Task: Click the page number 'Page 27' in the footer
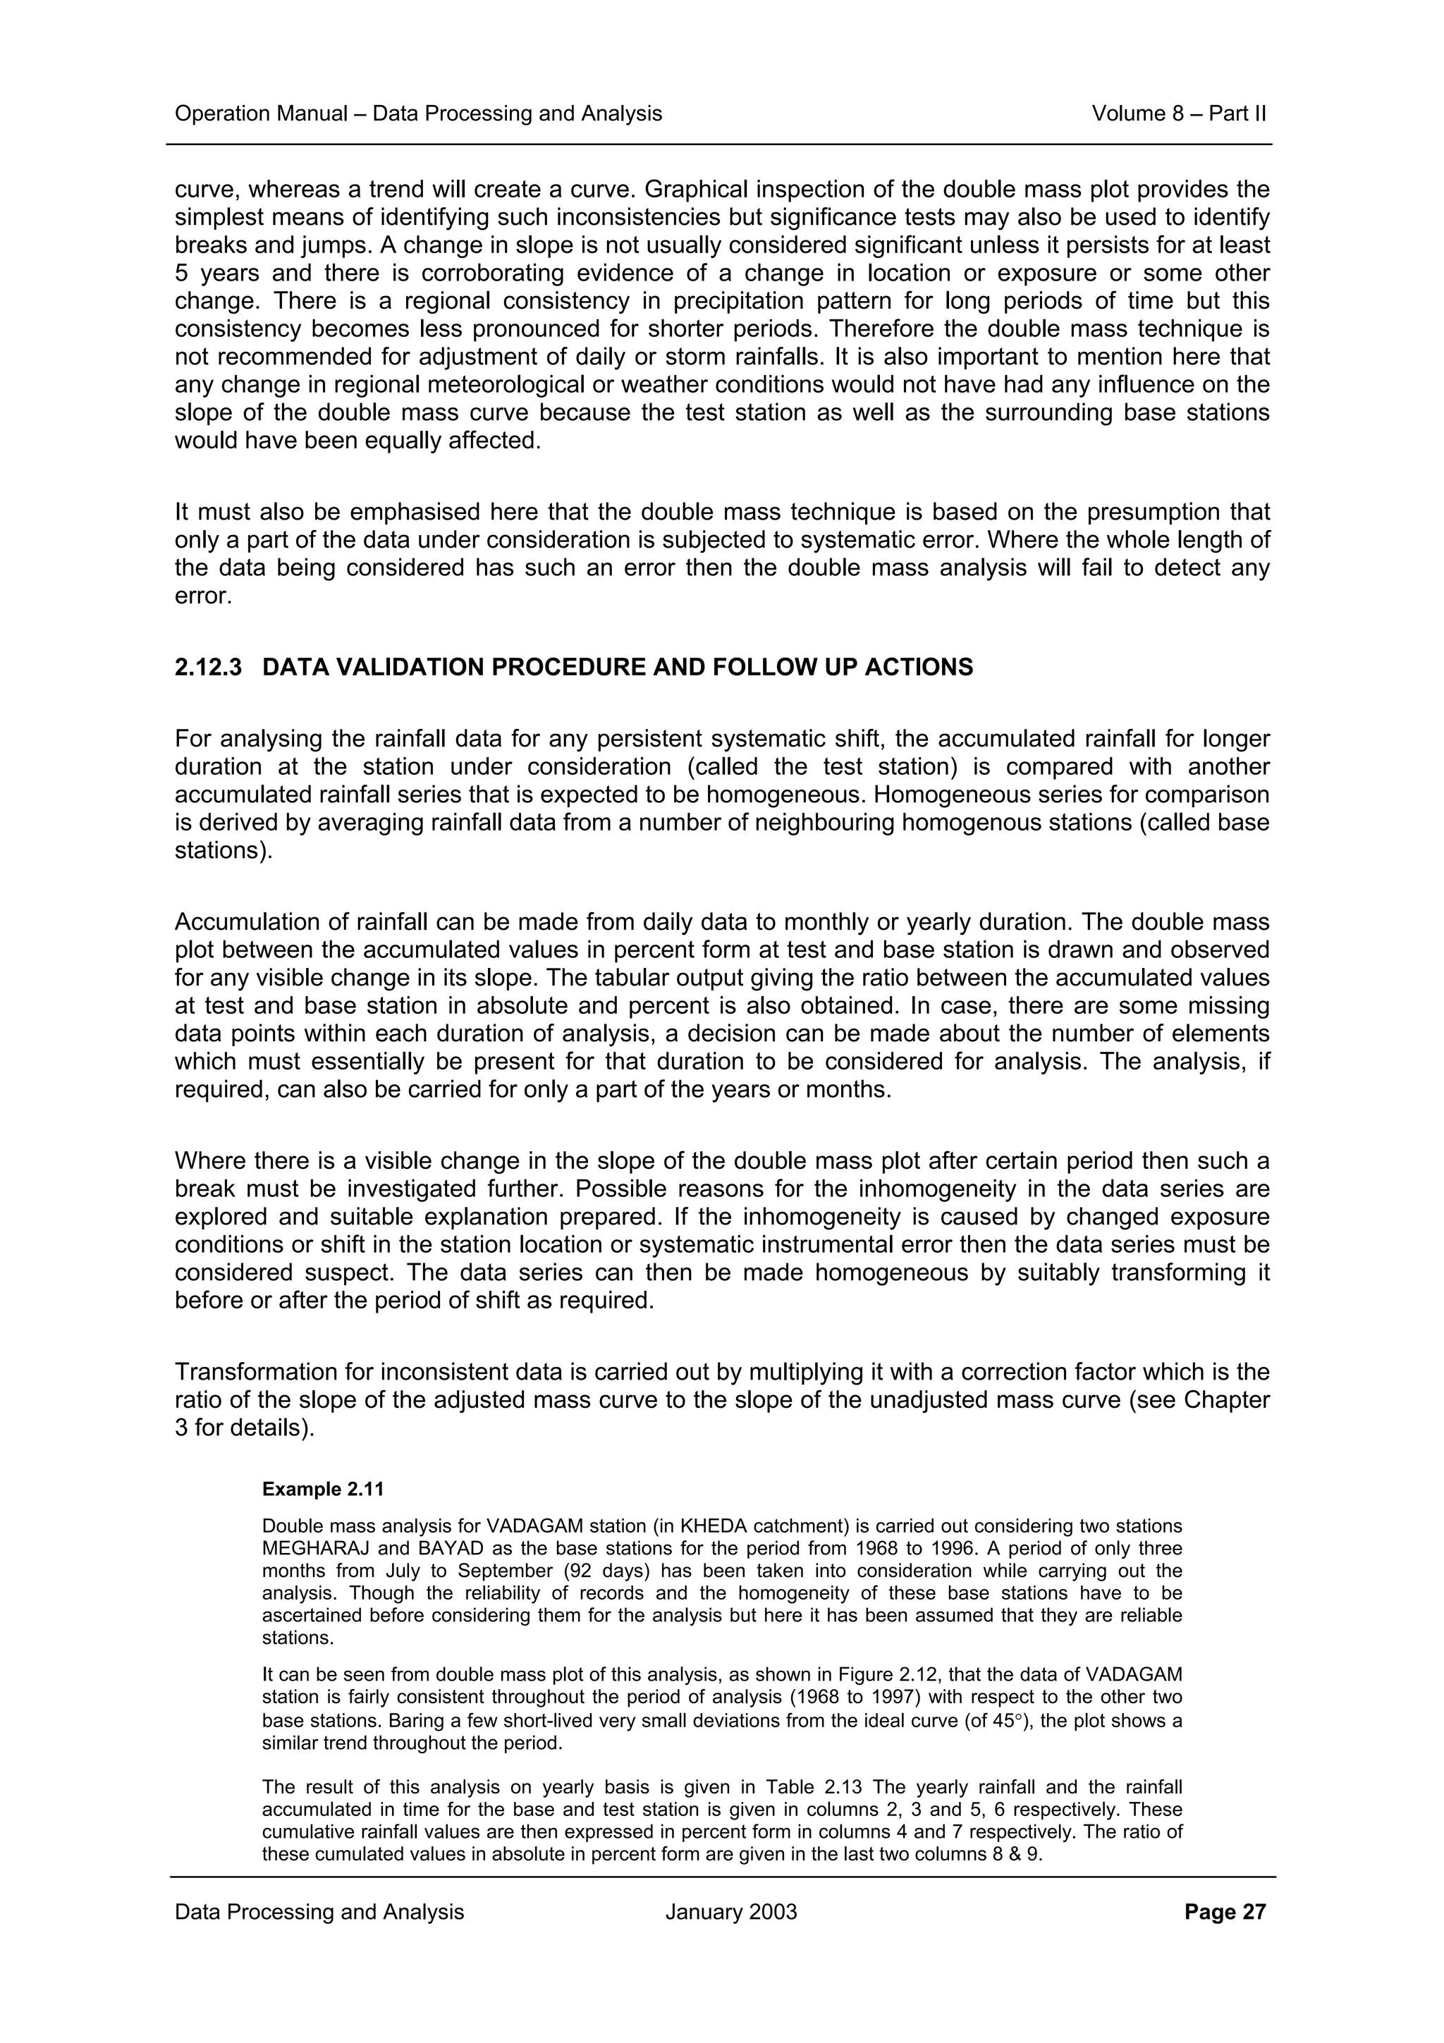point(1224,1912)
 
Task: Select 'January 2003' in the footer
point(730,1912)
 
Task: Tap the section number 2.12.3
point(208,668)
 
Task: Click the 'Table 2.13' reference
point(816,1786)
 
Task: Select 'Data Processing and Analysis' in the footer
point(319,1912)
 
